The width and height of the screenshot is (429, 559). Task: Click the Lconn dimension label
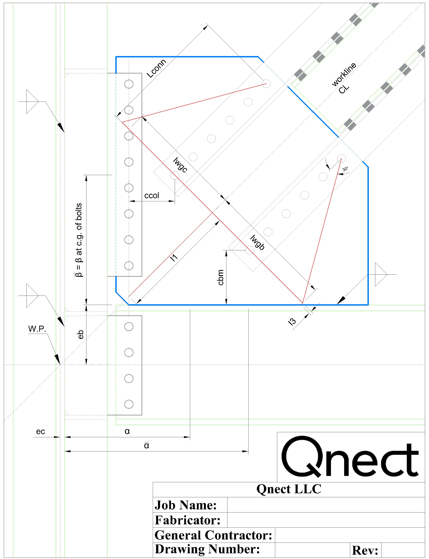[x=156, y=68]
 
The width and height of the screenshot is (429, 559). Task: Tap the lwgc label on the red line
[x=180, y=165]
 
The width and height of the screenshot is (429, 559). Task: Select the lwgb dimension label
[x=257, y=242]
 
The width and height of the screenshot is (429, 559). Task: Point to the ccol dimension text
[x=152, y=195]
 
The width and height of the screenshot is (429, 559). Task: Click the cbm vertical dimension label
[x=220, y=277]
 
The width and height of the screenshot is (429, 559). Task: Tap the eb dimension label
[x=80, y=335]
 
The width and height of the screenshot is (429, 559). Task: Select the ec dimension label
[x=41, y=432]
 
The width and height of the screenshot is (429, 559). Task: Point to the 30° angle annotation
[x=345, y=169]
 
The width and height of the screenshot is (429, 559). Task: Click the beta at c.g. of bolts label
[x=79, y=240]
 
